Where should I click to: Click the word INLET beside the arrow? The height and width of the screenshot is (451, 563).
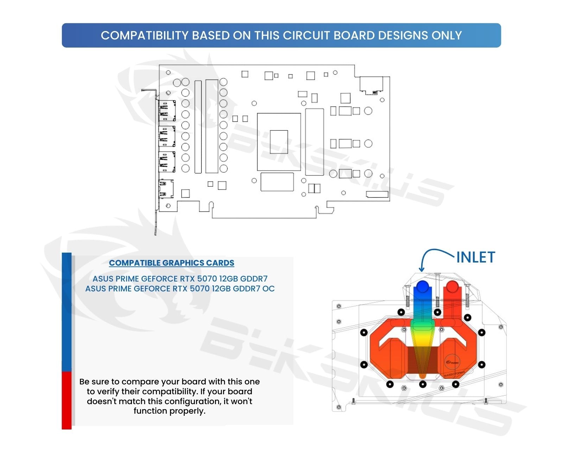click(x=476, y=258)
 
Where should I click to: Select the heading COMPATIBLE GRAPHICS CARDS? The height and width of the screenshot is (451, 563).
click(x=171, y=263)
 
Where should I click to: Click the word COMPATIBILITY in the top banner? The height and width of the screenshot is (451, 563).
click(x=145, y=36)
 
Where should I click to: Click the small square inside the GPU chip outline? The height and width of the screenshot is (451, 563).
click(x=279, y=142)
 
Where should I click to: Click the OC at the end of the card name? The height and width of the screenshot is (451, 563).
click(x=268, y=289)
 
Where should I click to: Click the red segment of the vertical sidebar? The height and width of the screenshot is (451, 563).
click(x=67, y=400)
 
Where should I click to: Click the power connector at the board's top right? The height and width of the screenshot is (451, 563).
click(x=371, y=85)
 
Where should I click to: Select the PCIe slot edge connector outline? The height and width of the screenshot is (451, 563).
click(x=264, y=214)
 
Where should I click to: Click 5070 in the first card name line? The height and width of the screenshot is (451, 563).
click(x=207, y=279)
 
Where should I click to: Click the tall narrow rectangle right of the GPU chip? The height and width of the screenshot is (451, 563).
click(x=314, y=142)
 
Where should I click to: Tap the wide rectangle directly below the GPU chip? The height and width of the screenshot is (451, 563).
click(x=277, y=182)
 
